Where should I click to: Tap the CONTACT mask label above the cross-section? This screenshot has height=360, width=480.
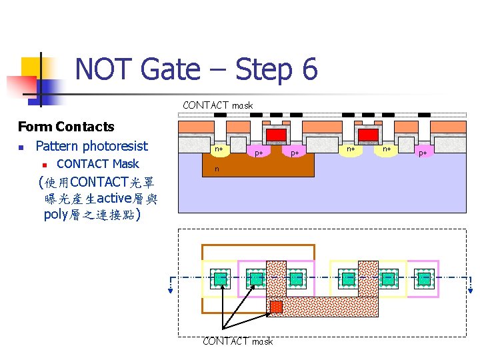[x=218, y=105]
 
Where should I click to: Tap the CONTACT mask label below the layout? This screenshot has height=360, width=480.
[x=237, y=341]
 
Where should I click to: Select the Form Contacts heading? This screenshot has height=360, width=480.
[x=66, y=127]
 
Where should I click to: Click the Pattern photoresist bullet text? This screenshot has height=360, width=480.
[x=91, y=146]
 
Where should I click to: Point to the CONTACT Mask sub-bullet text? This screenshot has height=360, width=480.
[x=98, y=164]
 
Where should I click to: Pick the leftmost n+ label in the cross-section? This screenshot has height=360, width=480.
[x=218, y=150]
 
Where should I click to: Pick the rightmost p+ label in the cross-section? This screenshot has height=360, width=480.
[x=422, y=153]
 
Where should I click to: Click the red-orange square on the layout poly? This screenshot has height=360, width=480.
[x=276, y=307]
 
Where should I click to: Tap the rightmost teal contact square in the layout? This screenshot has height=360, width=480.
[x=424, y=277]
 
